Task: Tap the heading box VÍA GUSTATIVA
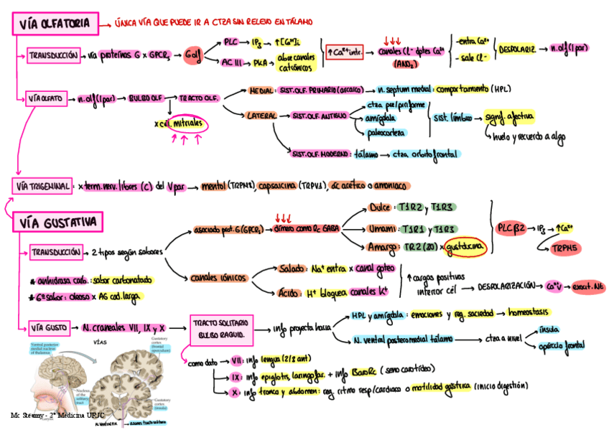click(58, 223)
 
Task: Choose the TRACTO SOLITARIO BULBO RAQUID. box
click(220, 327)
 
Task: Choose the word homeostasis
click(533, 313)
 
